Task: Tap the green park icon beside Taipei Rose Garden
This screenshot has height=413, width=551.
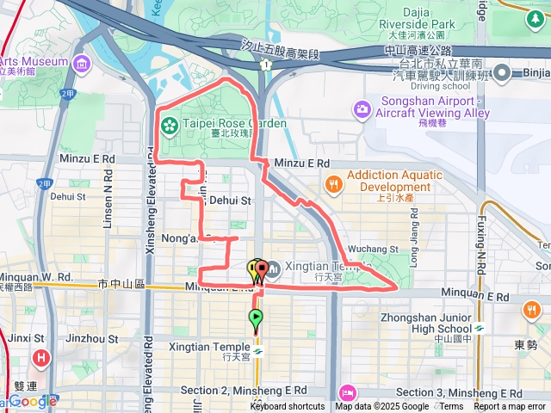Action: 169,126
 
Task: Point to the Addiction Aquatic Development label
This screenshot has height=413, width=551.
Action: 394,181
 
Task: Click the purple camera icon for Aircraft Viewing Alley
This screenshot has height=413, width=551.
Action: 362,109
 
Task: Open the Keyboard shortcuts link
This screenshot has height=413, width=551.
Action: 288,407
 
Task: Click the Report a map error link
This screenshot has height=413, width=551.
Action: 510,407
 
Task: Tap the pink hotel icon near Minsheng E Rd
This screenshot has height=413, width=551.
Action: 346,392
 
